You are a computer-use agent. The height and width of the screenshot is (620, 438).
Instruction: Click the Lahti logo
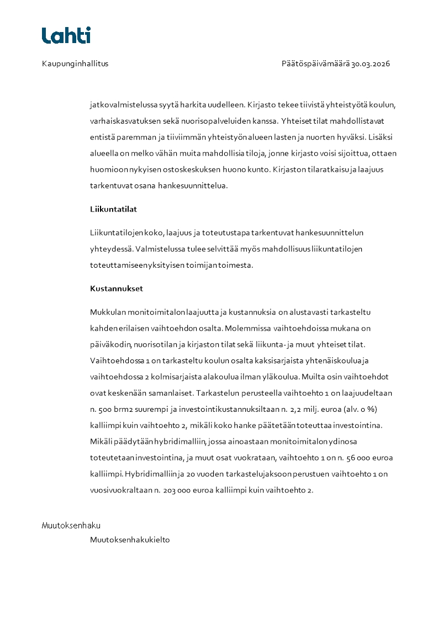(x=66, y=35)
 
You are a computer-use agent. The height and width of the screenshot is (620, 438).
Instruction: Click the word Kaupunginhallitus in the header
(x=75, y=63)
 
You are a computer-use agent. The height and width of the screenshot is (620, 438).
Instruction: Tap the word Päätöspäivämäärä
(x=315, y=63)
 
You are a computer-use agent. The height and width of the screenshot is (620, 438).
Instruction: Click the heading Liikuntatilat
(x=113, y=209)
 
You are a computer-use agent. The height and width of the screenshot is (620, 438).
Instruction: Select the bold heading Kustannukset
(x=117, y=288)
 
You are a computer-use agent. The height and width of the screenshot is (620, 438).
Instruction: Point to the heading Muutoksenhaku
(x=71, y=525)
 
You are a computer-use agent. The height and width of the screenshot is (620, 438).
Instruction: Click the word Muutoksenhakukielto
(x=130, y=540)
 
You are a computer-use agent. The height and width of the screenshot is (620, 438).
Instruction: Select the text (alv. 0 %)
(x=358, y=409)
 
